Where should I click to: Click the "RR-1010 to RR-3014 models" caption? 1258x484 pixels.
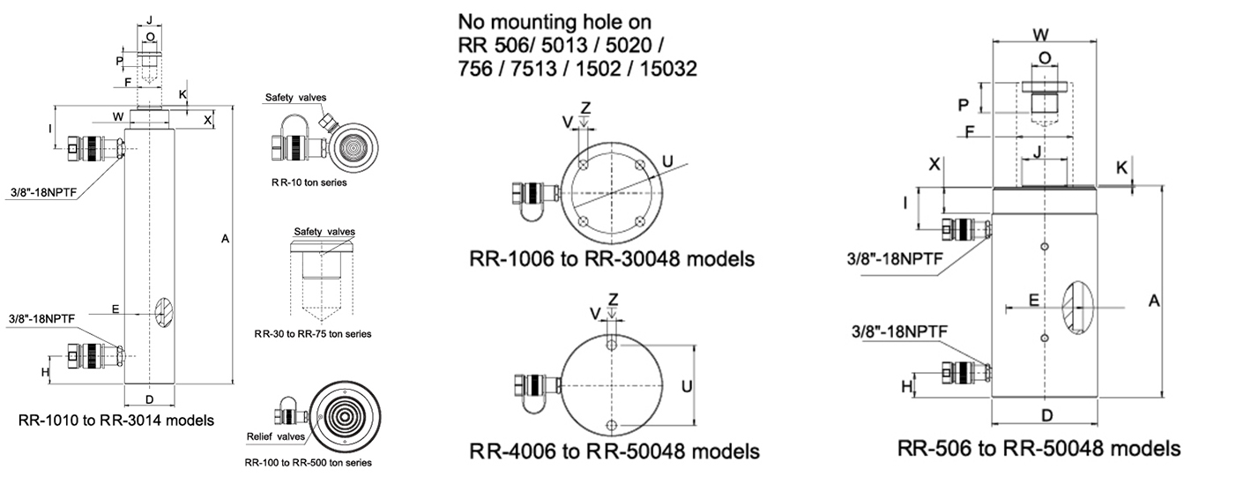(x=116, y=421)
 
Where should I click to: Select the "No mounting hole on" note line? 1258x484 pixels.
(x=555, y=22)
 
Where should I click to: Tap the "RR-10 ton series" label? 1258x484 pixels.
(x=309, y=182)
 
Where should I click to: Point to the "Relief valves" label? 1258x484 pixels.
(x=276, y=436)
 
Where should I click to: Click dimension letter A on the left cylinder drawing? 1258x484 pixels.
(x=225, y=239)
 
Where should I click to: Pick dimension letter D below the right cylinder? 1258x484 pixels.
(x=1046, y=416)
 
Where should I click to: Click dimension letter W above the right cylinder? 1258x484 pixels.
(x=1040, y=34)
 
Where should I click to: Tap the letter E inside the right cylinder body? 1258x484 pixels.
(x=1033, y=301)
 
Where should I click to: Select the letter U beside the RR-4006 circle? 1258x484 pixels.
(x=686, y=386)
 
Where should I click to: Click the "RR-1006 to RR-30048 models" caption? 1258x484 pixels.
(x=612, y=259)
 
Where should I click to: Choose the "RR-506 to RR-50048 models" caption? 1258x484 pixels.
(x=1039, y=449)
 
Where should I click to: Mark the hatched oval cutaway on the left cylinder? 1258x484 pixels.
(x=164, y=312)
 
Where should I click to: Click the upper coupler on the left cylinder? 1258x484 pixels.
(x=94, y=149)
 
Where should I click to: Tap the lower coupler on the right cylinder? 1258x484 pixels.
(x=966, y=372)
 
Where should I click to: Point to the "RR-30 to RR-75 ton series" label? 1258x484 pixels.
(x=313, y=334)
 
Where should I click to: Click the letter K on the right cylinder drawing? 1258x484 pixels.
(x=1121, y=168)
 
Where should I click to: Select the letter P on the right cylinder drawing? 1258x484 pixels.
(x=964, y=105)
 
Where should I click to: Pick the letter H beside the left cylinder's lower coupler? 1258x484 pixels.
(x=46, y=372)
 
